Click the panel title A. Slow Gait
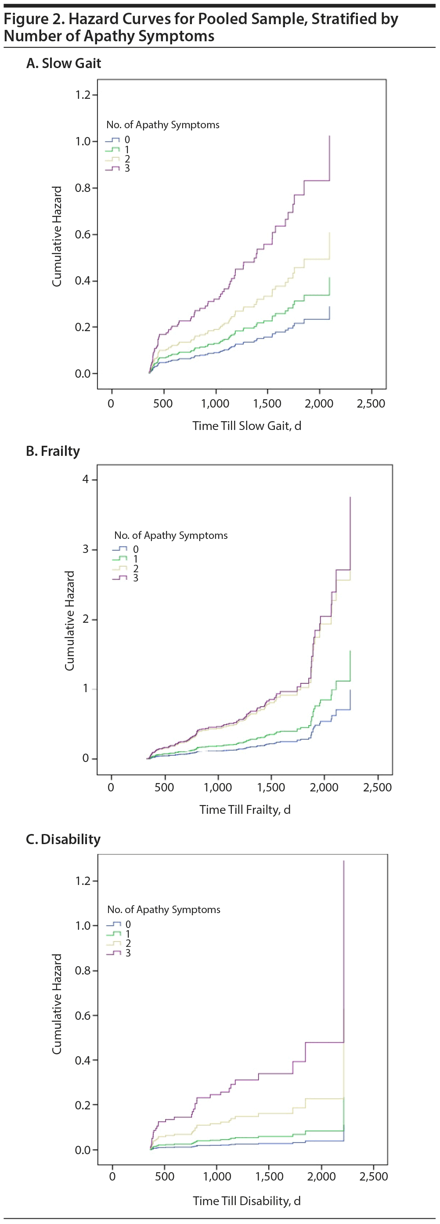(x=64, y=63)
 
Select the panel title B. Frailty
(x=53, y=451)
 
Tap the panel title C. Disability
(x=63, y=839)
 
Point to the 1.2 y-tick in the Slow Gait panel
(x=83, y=95)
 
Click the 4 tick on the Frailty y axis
(x=86, y=479)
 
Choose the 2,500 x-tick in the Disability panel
(x=374, y=1177)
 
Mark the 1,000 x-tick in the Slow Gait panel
(x=215, y=404)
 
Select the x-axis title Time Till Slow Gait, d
(x=247, y=426)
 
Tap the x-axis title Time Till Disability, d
(x=247, y=1201)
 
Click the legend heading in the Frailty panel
(x=170, y=535)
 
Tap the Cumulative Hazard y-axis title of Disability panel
(x=57, y=1004)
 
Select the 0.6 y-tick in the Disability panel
(x=83, y=1016)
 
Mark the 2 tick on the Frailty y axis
(x=86, y=619)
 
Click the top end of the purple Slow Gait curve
(x=329, y=137)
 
